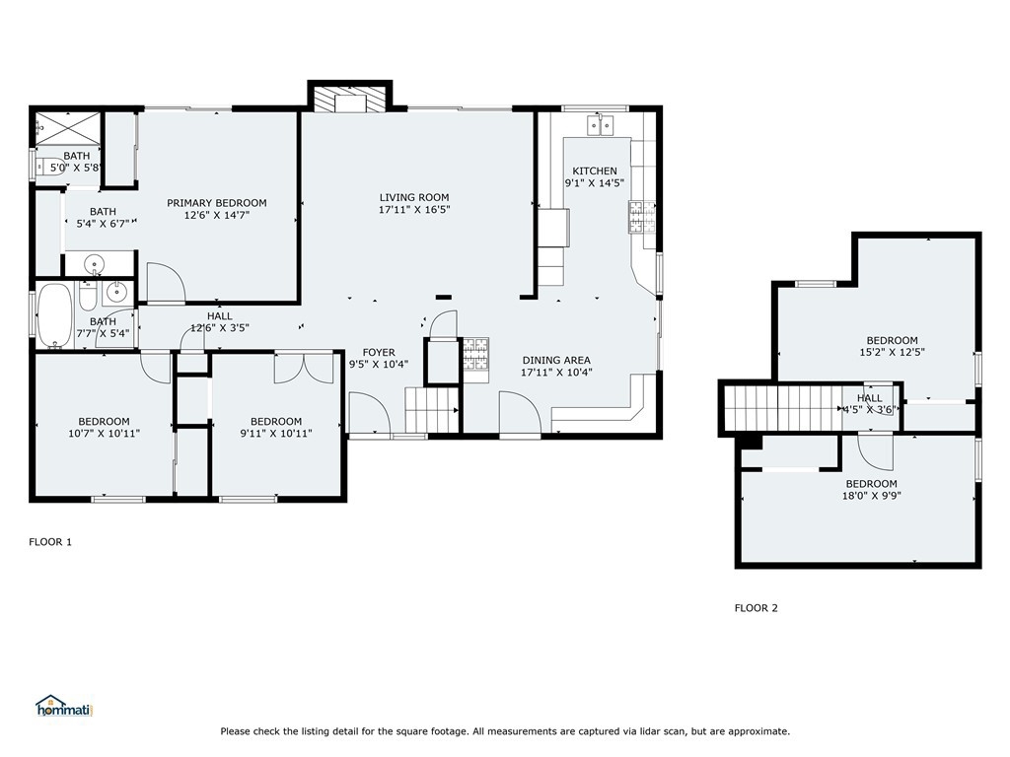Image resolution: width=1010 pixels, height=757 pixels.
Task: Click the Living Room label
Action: click(414, 197)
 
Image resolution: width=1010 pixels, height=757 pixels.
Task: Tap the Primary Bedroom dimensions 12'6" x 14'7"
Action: click(216, 215)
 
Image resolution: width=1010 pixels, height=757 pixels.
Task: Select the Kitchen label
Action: click(595, 171)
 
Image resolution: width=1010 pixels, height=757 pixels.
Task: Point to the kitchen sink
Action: click(601, 125)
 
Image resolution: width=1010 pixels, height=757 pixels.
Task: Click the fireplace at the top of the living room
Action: click(350, 100)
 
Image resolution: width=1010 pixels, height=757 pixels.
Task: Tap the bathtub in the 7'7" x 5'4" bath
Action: click(55, 315)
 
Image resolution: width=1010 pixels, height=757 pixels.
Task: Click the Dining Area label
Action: click(556, 361)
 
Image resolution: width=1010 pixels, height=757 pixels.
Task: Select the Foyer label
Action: click(379, 353)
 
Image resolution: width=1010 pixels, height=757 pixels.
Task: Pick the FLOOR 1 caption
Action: click(50, 542)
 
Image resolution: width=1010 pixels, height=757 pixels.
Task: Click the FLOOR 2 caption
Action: click(757, 607)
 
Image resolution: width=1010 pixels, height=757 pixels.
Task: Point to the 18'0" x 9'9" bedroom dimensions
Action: click(872, 496)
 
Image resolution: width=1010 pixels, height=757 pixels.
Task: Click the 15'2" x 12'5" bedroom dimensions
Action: click(892, 352)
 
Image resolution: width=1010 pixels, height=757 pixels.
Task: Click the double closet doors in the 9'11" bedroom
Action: click(304, 368)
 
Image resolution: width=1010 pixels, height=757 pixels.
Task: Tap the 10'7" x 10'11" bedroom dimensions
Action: click(105, 434)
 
